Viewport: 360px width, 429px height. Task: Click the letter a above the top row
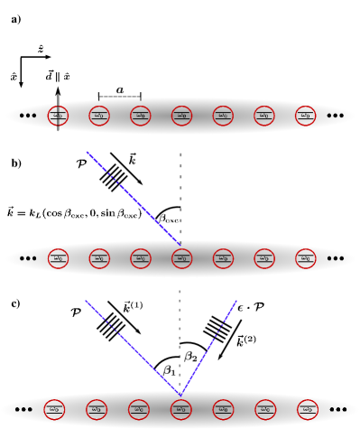click(120, 90)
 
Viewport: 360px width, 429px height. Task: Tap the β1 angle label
click(169, 370)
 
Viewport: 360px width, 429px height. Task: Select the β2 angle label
click(190, 357)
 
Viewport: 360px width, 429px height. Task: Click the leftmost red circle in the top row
click(58, 116)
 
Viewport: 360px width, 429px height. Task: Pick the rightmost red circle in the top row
click(306, 116)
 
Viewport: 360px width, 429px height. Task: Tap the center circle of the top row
click(181, 116)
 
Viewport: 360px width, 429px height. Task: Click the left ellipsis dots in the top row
click(28, 116)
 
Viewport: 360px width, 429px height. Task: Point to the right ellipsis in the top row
click(336, 116)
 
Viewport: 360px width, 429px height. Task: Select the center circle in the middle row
click(181, 258)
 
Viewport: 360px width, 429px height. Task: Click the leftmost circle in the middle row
click(58, 258)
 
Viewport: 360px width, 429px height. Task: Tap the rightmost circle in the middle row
click(306, 258)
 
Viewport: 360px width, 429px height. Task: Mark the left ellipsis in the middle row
click(28, 258)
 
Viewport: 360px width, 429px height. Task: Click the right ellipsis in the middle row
click(336, 258)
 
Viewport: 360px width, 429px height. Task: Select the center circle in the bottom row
click(180, 409)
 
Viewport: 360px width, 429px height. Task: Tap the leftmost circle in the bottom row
click(54, 409)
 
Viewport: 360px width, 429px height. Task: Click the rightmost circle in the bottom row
click(308, 409)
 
